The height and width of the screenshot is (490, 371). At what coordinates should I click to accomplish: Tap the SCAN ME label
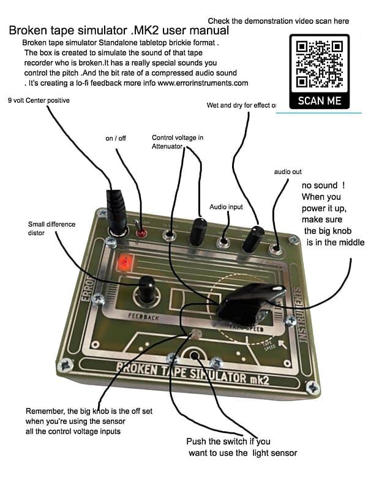(319, 100)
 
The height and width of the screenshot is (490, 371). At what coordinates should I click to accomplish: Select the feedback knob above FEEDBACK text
(146, 289)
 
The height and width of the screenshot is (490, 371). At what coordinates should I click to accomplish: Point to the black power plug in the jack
(115, 208)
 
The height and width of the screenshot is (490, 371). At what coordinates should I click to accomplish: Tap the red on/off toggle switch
(142, 233)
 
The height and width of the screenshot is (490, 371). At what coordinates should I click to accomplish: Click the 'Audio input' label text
(227, 207)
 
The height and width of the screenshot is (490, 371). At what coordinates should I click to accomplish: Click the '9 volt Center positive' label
(39, 100)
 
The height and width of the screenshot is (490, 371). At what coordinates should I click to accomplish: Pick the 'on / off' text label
(116, 138)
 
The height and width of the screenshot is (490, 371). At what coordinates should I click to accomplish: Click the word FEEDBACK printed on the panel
(143, 318)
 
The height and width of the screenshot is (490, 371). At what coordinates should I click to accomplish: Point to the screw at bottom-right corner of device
(312, 388)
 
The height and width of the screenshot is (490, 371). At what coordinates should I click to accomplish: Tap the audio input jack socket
(226, 239)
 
